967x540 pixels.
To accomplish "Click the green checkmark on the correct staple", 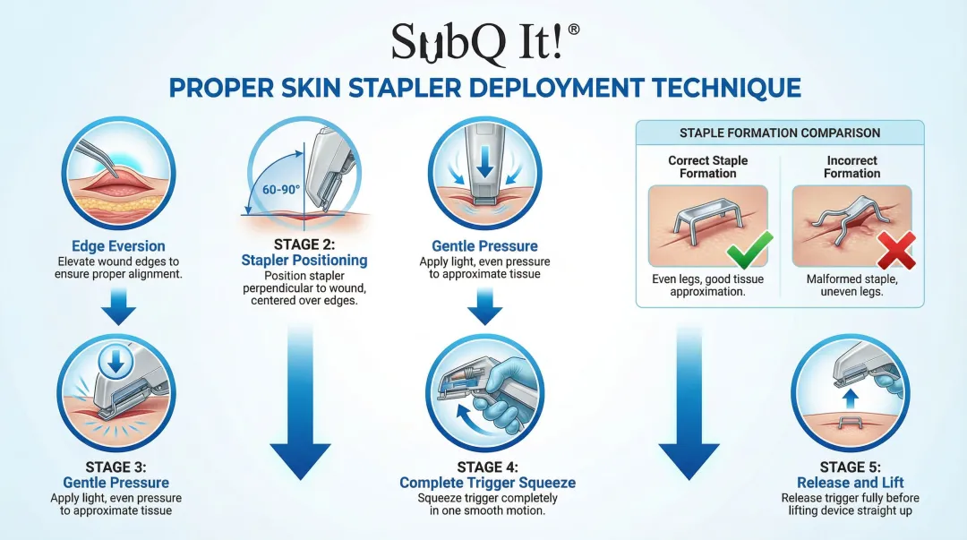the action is (x=749, y=249).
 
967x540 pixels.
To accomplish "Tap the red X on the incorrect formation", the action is (x=895, y=250).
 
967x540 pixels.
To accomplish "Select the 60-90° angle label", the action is (x=280, y=190).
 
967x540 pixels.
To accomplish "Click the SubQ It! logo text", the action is (x=478, y=42).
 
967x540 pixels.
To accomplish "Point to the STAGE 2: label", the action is (x=304, y=244).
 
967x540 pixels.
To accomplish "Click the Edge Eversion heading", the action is (x=118, y=246).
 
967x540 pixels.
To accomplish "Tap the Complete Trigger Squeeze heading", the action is (x=487, y=483).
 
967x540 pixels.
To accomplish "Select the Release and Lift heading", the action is (x=850, y=483).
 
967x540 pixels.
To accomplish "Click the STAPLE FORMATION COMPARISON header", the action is (x=780, y=133).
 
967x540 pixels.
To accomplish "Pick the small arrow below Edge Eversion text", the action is (x=118, y=306).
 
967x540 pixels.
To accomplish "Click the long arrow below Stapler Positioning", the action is (x=300, y=401).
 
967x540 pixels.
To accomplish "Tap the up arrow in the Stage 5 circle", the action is (x=850, y=398).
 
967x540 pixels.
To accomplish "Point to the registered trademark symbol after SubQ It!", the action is (x=573, y=30).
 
